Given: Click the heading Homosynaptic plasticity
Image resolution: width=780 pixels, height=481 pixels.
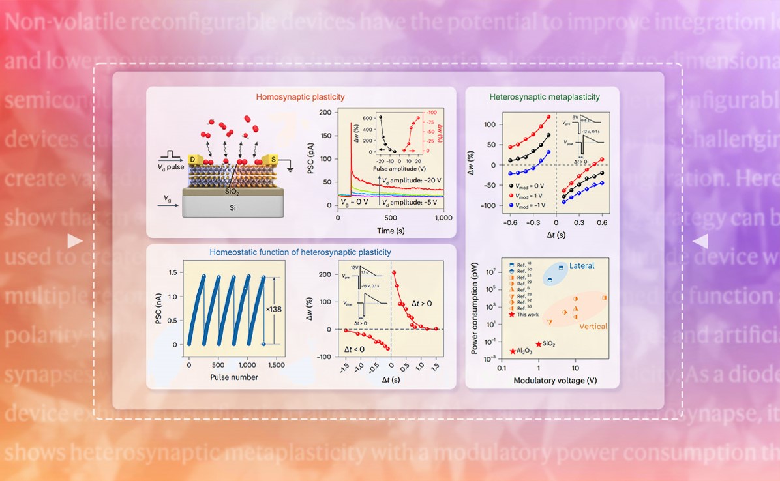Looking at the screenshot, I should tap(300, 97).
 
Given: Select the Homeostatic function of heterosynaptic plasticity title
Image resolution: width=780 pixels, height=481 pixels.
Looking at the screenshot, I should tap(300, 252).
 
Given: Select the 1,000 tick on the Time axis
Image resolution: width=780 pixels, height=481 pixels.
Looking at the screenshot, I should tap(443, 218).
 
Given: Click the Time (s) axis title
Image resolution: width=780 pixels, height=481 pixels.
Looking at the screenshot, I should tap(390, 231).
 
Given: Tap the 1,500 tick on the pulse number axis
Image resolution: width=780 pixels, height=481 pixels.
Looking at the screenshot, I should tap(276, 365).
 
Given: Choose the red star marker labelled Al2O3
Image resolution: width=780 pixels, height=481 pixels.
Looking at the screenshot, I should tap(514, 351).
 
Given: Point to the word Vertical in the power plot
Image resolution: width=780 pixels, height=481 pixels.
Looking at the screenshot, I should tap(592, 327).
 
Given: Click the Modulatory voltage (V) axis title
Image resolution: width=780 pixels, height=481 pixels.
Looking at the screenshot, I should tap(555, 380).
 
